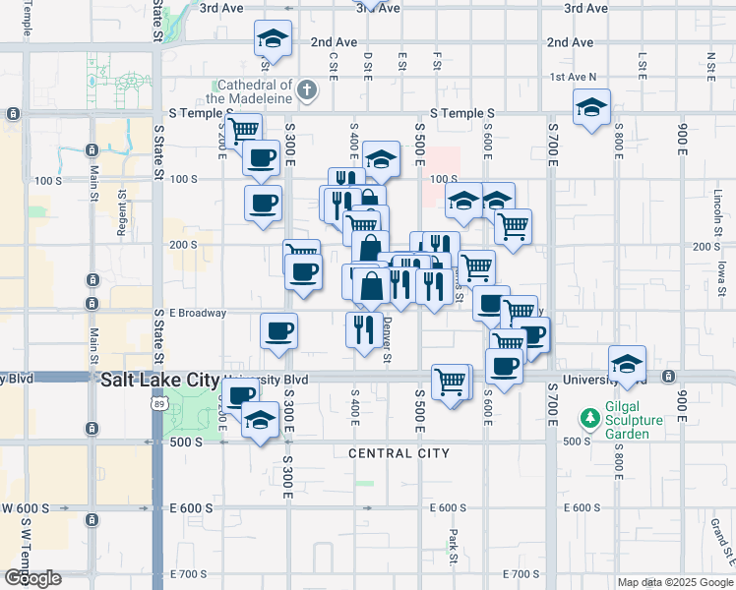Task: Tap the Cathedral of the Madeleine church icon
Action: click(x=307, y=91)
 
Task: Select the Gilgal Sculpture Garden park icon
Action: click(x=589, y=419)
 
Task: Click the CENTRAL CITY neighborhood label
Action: click(x=399, y=453)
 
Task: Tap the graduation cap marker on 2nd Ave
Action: click(x=273, y=39)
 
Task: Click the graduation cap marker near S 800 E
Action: click(x=591, y=107)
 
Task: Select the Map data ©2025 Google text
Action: click(x=674, y=582)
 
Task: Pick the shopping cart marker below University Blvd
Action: click(x=451, y=381)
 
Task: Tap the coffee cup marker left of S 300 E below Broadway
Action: click(x=279, y=330)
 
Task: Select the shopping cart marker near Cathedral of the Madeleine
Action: click(x=242, y=130)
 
